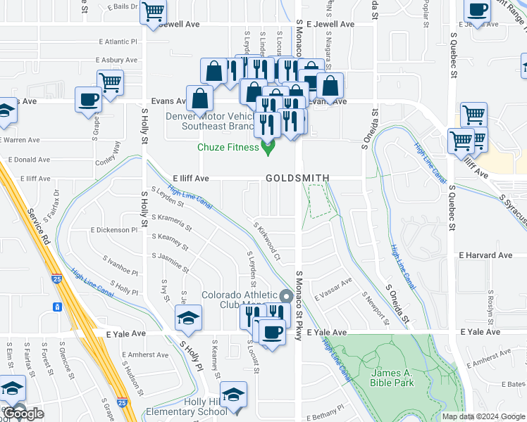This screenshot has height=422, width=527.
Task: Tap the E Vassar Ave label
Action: tap(333, 290)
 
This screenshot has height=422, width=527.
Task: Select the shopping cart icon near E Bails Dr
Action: tap(153, 11)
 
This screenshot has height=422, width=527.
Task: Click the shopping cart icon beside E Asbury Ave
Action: tap(111, 82)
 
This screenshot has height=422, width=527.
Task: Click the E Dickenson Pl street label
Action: tap(114, 230)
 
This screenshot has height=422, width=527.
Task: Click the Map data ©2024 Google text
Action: tap(483, 416)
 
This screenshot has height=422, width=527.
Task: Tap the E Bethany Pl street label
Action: tap(321, 407)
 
